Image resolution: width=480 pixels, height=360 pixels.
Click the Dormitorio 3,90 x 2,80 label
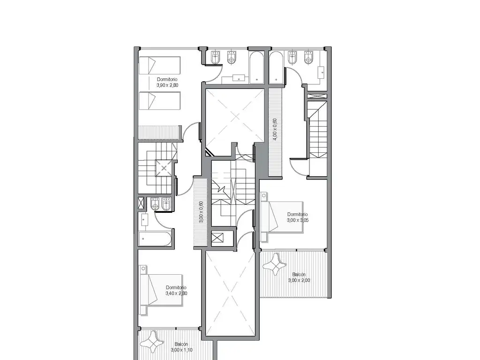coord(167,82)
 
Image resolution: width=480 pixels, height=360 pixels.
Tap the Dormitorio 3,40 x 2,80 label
coord(176,291)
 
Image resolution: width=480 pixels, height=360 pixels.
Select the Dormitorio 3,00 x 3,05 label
coord(297,217)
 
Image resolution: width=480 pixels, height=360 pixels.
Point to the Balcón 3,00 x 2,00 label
coord(299,277)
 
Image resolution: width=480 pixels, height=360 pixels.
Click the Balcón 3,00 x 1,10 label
coord(181,347)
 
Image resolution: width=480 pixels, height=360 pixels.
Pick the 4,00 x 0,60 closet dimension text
coord(275,129)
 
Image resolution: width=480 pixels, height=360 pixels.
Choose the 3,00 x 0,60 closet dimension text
coord(201,212)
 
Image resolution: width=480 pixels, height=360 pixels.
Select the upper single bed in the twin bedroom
coord(159,65)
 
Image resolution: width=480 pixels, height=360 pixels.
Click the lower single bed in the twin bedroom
coord(159,100)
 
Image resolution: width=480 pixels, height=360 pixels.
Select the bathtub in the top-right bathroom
coord(277,68)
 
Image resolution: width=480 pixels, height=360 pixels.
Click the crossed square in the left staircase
coord(165,168)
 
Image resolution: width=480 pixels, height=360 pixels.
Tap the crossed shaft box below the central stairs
coord(217,238)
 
